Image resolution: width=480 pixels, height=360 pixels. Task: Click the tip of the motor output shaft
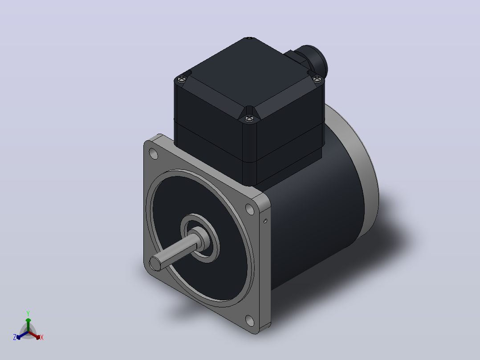[155, 263]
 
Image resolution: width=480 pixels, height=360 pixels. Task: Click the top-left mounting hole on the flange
[153, 154]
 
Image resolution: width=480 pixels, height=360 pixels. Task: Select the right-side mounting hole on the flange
[250, 209]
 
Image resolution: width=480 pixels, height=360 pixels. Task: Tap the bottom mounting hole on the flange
[250, 321]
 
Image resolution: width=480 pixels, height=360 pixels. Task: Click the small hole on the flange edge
[265, 221]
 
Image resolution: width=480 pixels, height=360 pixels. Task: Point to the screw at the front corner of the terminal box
[249, 118]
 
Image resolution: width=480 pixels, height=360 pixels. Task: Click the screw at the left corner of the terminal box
[182, 79]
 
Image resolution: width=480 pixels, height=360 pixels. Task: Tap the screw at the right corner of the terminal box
[317, 80]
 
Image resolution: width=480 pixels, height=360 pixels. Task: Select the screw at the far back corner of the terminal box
[249, 38]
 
